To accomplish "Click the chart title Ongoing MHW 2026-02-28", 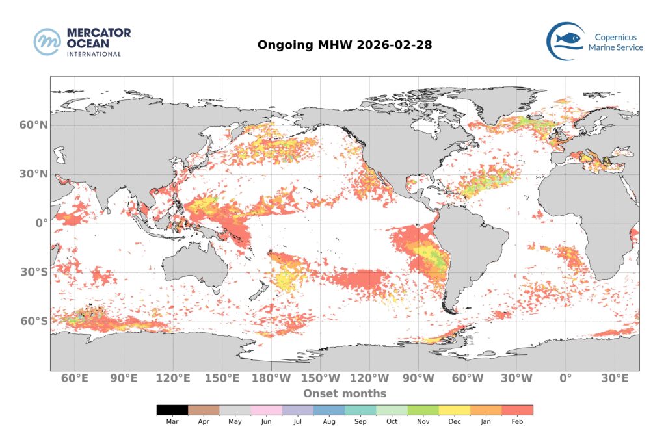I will [x=345, y=45].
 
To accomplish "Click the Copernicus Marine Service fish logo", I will [x=565, y=41].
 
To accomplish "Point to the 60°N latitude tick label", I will [x=32, y=125].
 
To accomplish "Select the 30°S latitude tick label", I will [x=33, y=272].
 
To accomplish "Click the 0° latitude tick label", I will [x=41, y=223].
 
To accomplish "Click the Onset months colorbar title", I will [x=345, y=393].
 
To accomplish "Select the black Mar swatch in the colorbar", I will [x=172, y=410].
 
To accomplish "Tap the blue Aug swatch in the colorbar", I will [x=329, y=410].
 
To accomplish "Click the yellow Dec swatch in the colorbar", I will [x=455, y=410].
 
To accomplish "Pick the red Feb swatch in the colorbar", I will [x=517, y=410].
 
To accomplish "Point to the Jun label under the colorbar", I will [x=267, y=421].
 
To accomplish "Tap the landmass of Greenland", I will [x=494, y=104].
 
